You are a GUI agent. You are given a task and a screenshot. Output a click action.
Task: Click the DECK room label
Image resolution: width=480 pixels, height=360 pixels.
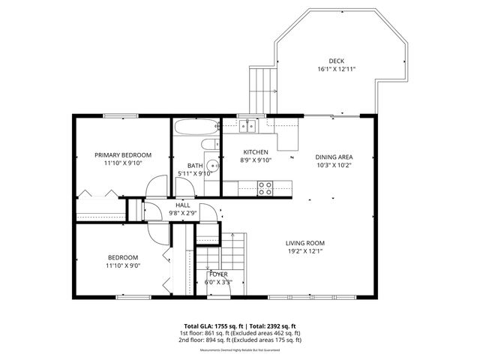click(336, 61)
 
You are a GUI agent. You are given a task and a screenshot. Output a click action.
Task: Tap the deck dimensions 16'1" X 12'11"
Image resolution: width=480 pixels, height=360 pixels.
click(336, 69)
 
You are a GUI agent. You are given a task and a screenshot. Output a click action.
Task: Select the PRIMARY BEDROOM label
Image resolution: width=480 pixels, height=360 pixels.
click(123, 154)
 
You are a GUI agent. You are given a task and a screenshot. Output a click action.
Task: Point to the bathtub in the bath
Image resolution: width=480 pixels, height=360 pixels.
click(195, 127)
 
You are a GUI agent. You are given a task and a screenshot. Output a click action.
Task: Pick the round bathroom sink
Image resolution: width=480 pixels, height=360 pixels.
click(213, 166)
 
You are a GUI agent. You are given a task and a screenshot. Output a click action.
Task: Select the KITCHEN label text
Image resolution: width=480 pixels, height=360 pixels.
click(255, 152)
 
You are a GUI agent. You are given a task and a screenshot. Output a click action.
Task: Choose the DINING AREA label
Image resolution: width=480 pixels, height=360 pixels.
click(334, 157)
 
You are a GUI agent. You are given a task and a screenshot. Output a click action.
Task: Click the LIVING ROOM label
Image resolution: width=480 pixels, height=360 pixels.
click(304, 243)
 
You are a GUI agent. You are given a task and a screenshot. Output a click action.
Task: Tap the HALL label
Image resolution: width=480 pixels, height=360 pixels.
click(182, 205)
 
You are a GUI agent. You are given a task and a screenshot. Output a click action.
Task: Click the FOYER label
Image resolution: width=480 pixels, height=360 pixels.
click(219, 274)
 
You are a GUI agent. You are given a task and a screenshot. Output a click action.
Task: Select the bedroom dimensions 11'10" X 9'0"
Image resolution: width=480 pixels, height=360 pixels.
click(123, 265)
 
